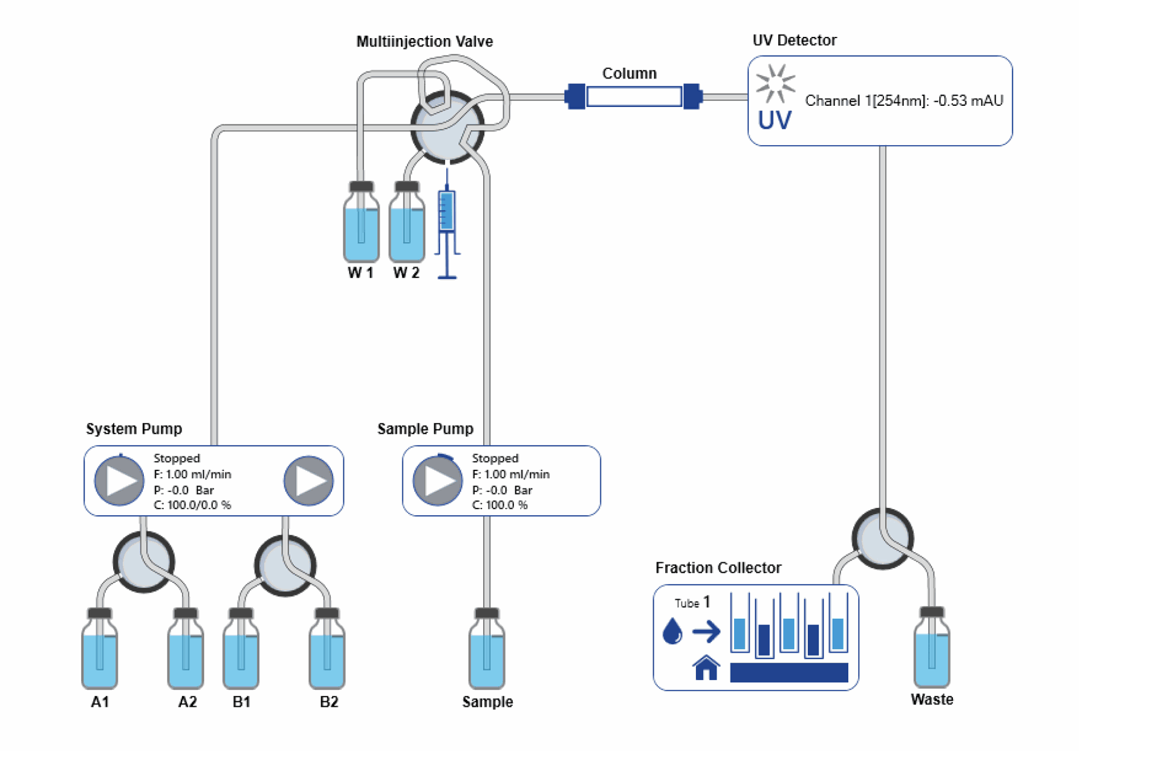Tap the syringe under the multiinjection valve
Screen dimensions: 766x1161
447,224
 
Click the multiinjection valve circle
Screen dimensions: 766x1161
447,128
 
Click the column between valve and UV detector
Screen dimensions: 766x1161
634,97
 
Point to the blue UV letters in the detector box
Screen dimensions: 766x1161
775,120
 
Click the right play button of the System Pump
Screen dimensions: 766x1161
309,481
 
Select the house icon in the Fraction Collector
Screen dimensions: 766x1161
706,668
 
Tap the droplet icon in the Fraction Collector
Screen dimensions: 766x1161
672,631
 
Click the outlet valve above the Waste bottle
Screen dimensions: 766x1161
882,538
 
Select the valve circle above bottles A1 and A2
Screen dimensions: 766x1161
144,562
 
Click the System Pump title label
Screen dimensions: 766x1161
134,429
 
